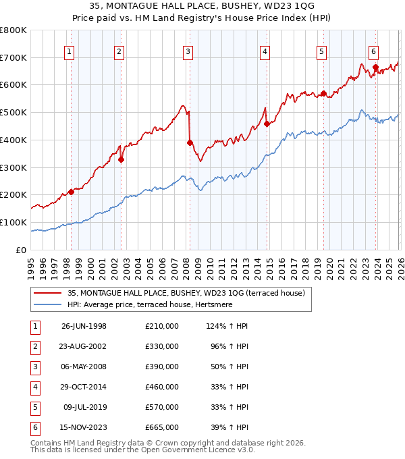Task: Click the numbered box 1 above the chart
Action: click(70, 51)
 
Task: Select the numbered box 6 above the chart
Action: click(373, 51)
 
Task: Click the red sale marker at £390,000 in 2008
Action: click(190, 142)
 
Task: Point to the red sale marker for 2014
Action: click(267, 124)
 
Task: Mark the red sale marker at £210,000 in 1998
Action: click(71, 192)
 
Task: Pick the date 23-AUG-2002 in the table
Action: click(84, 346)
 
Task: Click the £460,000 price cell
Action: click(161, 387)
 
